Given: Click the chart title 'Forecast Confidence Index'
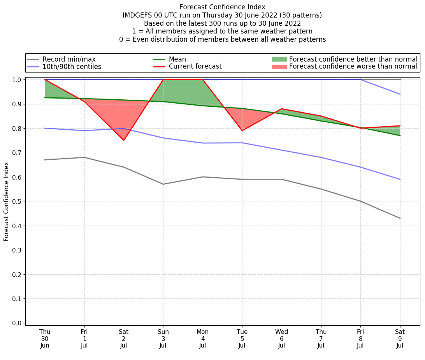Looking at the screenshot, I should click(222, 7).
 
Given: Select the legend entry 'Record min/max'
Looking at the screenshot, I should click(69, 59).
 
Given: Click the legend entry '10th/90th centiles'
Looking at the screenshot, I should click(72, 67).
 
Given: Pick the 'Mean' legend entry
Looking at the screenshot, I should click(177, 59).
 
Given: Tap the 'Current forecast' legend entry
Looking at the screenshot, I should click(195, 67).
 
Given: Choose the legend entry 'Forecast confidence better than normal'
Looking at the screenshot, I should click(353, 59).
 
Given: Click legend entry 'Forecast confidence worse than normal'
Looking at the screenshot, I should click(353, 67).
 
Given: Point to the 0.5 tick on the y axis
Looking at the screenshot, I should click(17, 201).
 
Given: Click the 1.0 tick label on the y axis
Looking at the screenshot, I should click(17, 80).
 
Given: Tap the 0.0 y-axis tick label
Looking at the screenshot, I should click(17, 323).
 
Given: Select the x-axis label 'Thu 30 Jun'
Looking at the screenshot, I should click(45, 338).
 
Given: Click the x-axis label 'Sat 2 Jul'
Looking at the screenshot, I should click(124, 338).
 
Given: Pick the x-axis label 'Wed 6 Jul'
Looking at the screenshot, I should click(281, 338).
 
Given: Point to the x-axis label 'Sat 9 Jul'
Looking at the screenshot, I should click(400, 338).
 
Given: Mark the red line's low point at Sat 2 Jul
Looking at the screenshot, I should click(124, 140).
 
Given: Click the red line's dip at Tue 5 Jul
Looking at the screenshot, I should click(242, 131).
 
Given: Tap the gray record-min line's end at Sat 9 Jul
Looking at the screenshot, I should click(400, 218).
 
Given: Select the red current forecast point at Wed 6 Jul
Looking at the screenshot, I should click(281, 109).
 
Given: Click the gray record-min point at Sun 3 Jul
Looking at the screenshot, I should click(163, 184).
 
